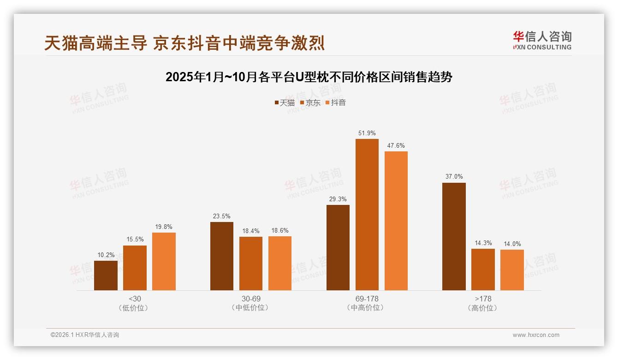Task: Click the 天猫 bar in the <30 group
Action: click(x=106, y=276)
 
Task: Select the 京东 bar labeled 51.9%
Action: click(x=367, y=215)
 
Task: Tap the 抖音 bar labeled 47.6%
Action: click(x=396, y=221)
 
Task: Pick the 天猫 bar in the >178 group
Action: click(x=454, y=236)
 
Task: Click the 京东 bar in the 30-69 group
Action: click(x=250, y=264)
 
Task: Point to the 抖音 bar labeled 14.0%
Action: click(x=512, y=270)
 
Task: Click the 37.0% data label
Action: click(x=454, y=176)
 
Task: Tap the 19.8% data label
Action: click(x=164, y=227)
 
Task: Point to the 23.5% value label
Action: click(x=221, y=216)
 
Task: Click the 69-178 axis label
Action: click(x=367, y=299)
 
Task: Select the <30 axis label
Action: click(x=135, y=299)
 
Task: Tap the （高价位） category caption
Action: click(x=482, y=308)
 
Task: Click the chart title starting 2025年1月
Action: click(x=309, y=77)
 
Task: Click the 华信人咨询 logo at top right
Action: click(x=542, y=40)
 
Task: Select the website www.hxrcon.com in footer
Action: click(x=535, y=335)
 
